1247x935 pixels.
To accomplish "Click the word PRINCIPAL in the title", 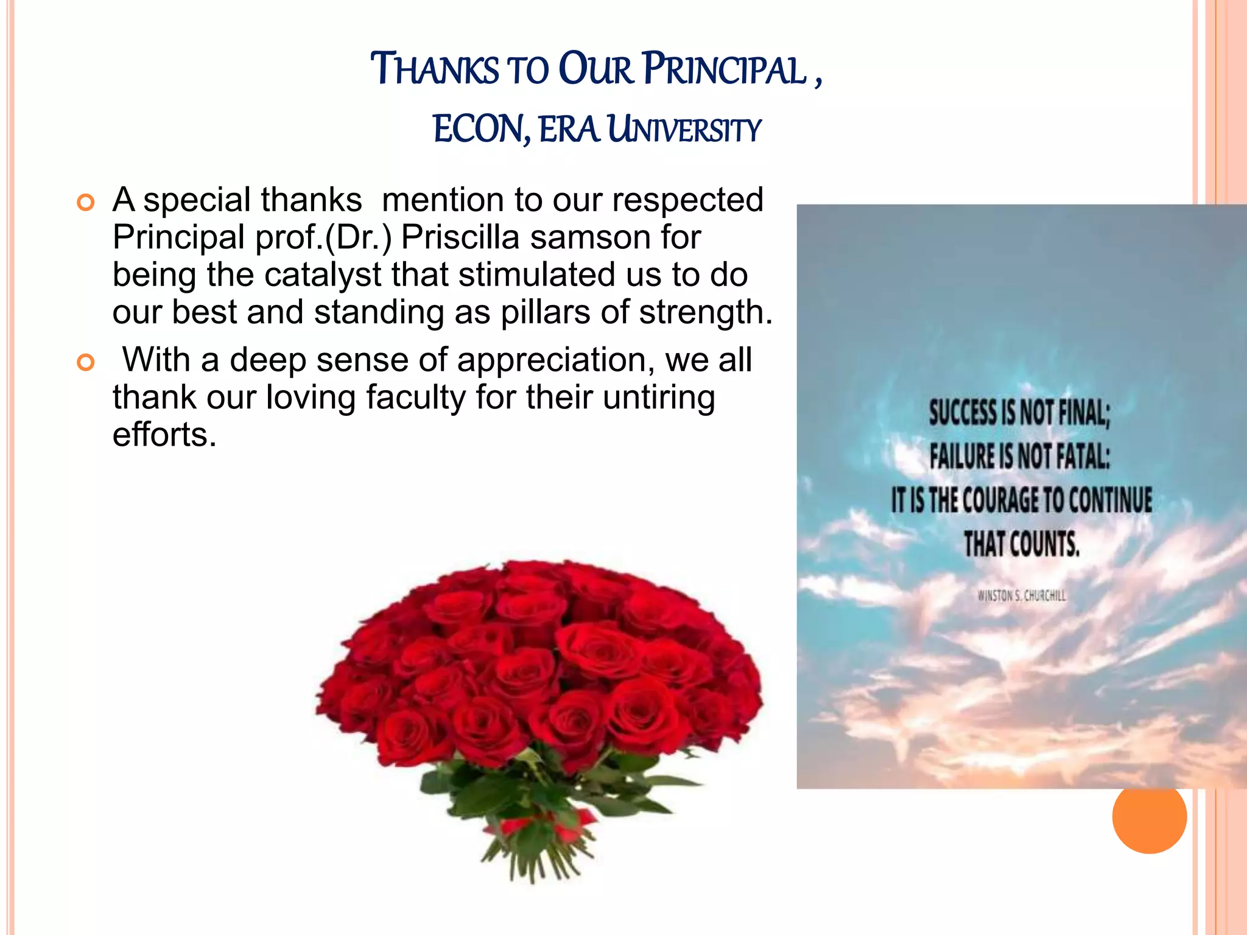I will coord(725,69).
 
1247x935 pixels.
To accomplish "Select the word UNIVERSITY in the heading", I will coord(684,130).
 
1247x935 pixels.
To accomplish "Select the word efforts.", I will coord(164,435).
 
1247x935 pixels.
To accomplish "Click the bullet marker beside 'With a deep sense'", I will coord(86,363).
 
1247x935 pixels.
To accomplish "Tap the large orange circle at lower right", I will coord(1149,816).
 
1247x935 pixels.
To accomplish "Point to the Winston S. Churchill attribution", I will coord(1021,595).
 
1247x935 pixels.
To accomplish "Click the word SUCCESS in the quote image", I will coord(963,413).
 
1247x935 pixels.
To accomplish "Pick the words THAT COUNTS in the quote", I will coord(1021,544).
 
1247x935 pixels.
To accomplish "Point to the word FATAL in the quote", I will coord(1083,457).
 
